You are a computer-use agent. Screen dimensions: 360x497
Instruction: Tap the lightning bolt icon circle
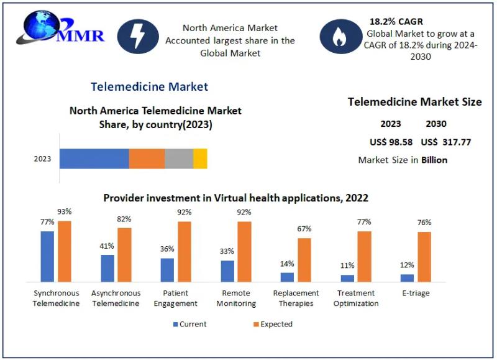137,35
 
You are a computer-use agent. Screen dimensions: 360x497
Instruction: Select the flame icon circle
339,37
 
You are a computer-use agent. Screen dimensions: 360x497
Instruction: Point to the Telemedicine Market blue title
149,86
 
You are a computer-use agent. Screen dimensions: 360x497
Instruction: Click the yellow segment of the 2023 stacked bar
200,159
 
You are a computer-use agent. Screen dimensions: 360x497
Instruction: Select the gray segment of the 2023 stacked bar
179,159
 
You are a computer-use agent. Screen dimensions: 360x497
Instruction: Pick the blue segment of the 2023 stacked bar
94,159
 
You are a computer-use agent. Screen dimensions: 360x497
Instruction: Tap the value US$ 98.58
391,142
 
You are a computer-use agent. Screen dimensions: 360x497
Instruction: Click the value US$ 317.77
445,142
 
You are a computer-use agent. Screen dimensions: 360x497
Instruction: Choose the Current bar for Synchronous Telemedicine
47,256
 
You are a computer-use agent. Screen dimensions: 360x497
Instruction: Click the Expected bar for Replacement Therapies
304,260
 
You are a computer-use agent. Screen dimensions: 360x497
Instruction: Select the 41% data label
107,246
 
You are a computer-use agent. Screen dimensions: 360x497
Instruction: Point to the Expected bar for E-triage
424,257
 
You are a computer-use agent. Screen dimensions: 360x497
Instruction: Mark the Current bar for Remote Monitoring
227,271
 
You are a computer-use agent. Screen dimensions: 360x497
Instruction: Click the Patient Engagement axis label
175,298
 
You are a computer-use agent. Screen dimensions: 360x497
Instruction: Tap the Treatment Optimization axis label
356,298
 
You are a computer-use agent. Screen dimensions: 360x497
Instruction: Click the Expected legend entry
273,324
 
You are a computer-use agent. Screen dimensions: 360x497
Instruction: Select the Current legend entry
190,324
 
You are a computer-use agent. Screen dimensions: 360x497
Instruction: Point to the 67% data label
304,229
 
